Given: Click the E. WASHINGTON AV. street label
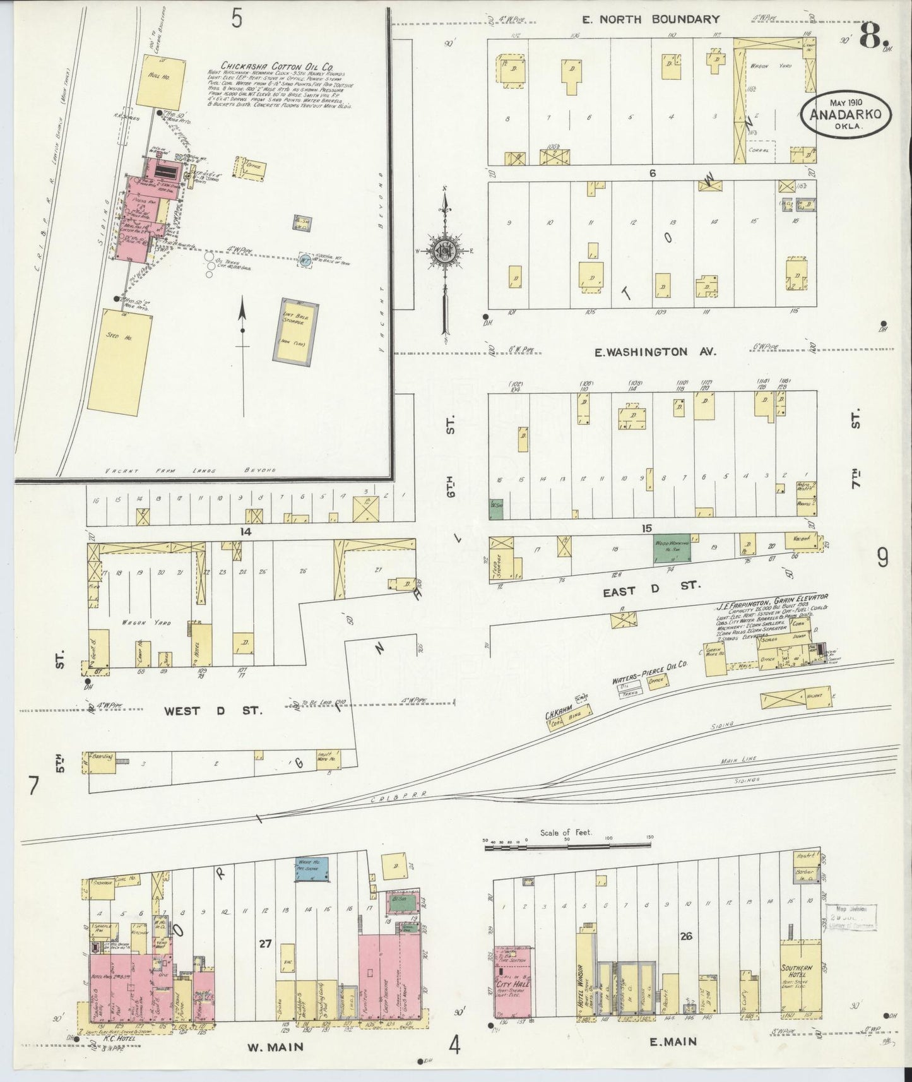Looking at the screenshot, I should [x=656, y=352].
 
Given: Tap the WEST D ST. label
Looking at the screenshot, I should [x=213, y=711].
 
